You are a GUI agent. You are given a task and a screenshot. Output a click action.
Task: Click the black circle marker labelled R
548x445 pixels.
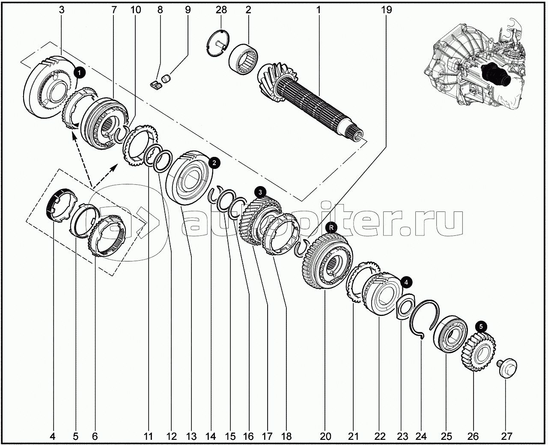(x=331, y=228)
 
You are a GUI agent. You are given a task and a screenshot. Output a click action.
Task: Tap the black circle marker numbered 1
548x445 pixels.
(x=80, y=73)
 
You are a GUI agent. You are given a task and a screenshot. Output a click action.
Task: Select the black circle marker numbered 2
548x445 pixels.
(x=214, y=163)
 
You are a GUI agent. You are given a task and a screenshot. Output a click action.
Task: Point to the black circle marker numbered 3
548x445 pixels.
(x=260, y=192)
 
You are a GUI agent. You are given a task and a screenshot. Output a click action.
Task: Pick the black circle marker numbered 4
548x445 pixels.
(x=406, y=283)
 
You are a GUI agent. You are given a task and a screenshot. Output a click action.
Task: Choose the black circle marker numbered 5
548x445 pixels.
(x=481, y=327)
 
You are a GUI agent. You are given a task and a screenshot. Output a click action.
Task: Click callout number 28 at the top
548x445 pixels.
(x=221, y=10)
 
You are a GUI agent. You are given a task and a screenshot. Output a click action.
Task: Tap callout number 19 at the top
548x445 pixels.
(x=386, y=10)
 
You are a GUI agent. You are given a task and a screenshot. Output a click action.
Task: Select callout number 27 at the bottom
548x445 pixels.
(x=507, y=436)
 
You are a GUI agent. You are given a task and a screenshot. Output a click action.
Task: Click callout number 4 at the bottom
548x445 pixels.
(x=53, y=436)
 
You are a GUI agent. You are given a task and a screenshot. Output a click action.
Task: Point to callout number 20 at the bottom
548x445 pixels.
(x=325, y=436)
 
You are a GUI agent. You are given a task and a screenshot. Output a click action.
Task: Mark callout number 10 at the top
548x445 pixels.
(x=136, y=10)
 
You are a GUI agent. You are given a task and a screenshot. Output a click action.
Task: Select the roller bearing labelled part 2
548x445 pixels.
(x=243, y=59)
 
